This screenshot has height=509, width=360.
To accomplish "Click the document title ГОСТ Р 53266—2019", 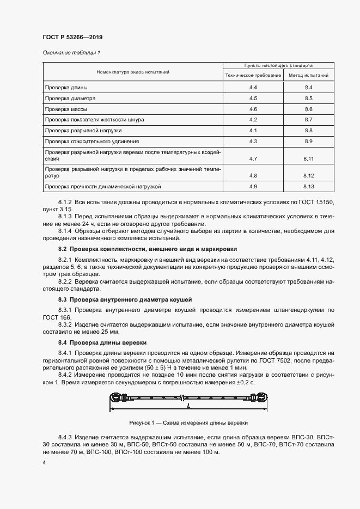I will pyautogui.click(x=72, y=37).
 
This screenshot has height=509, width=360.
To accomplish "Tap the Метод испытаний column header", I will pyautogui.click(x=308, y=75).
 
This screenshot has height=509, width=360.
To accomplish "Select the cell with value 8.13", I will pyautogui.click(x=308, y=187).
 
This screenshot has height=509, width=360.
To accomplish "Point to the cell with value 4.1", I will pyautogui.click(x=253, y=131).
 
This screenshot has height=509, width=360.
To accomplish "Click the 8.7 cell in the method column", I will pyautogui.click(x=308, y=119).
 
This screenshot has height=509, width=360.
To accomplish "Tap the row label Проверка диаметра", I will pyautogui.click(x=70, y=99).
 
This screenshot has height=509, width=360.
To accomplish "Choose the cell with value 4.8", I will pyautogui.click(x=253, y=176).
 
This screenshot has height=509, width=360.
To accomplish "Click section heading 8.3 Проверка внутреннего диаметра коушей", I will pyautogui.click(x=125, y=300).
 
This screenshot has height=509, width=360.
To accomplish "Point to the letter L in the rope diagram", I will pyautogui.click(x=187, y=407).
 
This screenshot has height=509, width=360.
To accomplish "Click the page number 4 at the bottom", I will pyautogui.click(x=44, y=462).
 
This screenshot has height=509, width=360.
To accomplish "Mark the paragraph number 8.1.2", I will pyautogui.click(x=66, y=202).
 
